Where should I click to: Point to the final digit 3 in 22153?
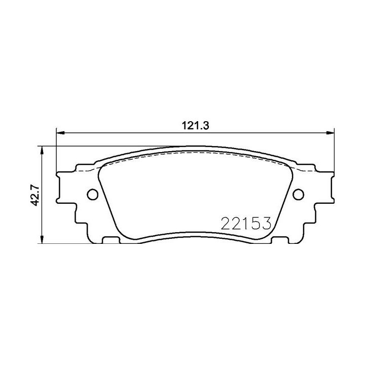(x=267, y=223)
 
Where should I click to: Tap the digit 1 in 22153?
(x=245, y=223)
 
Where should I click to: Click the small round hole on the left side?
(x=93, y=194)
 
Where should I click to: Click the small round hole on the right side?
(x=298, y=194)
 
